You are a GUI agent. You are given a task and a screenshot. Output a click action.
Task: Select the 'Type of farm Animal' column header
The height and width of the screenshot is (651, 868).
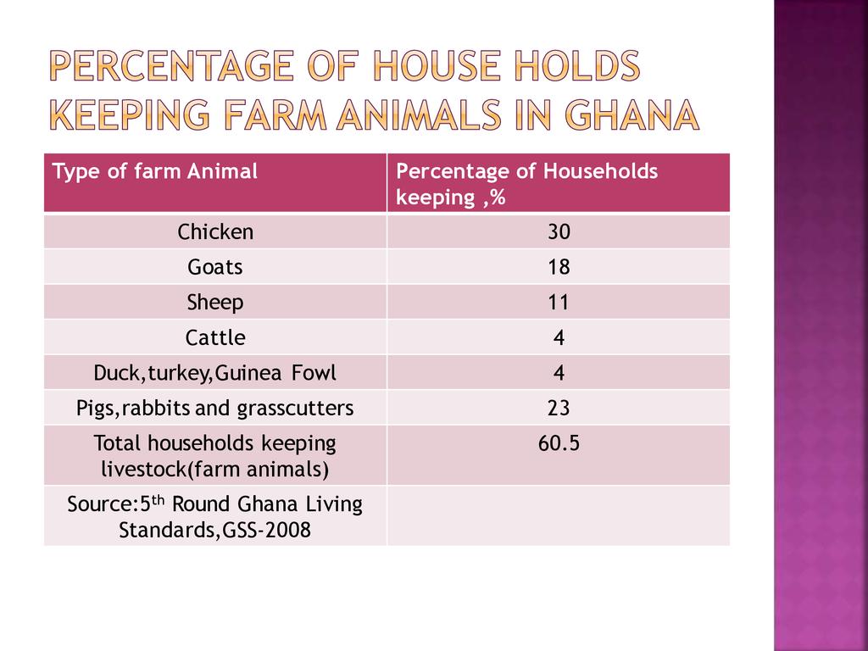click(155, 172)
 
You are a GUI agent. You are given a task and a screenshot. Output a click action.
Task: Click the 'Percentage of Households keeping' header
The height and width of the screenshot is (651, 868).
click(526, 184)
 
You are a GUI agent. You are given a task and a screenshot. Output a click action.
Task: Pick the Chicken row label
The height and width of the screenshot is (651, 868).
click(215, 231)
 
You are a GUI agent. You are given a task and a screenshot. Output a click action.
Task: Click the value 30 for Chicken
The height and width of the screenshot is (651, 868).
click(559, 231)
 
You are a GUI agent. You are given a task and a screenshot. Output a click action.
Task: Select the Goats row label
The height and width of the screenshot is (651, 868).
click(215, 267)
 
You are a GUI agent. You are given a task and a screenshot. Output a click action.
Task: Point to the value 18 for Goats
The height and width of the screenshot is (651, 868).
click(559, 267)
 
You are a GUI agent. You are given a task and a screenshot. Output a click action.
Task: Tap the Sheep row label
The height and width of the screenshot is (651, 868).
click(215, 303)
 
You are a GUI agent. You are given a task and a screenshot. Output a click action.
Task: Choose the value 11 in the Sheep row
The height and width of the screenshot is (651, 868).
click(559, 303)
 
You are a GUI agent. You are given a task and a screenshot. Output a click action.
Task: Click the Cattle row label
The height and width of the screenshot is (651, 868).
click(215, 338)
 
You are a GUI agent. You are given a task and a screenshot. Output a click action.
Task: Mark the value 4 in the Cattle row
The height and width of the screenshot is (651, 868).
click(559, 338)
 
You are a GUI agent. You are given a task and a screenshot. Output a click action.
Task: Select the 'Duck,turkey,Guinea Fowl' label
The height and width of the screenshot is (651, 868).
click(215, 373)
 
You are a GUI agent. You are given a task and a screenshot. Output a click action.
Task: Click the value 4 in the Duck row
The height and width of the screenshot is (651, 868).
click(559, 373)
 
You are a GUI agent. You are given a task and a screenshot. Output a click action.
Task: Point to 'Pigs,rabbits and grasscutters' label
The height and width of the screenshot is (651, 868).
click(215, 409)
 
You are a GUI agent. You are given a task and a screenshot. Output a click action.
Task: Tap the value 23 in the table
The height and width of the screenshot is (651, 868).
click(559, 409)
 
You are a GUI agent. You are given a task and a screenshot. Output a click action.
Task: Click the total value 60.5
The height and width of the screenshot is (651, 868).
click(559, 443)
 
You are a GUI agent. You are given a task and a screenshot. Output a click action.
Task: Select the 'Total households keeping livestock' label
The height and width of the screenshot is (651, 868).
click(215, 455)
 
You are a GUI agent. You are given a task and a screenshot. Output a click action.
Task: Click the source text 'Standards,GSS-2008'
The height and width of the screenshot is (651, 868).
click(215, 531)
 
